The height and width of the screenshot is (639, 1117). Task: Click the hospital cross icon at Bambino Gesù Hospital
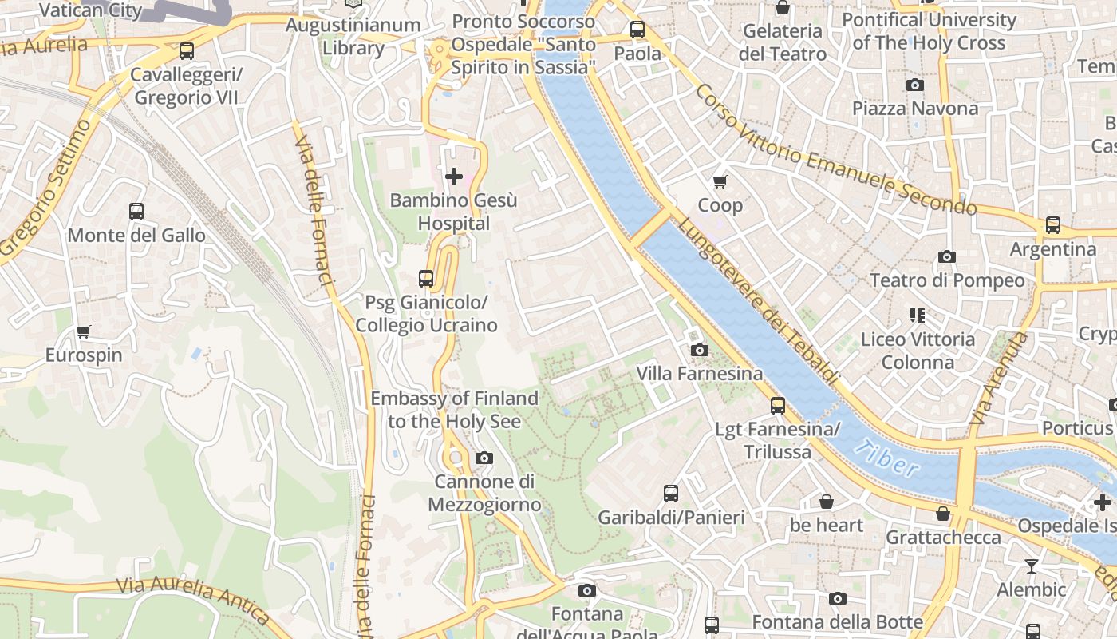pyautogui.click(x=454, y=176)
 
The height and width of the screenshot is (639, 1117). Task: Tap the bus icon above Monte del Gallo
pyautogui.click(x=136, y=212)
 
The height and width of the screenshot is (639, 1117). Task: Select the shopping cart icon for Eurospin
pyautogui.click(x=84, y=331)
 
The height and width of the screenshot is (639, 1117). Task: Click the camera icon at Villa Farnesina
pyautogui.click(x=699, y=350)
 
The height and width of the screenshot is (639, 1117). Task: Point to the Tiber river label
pyautogui.click(x=886, y=458)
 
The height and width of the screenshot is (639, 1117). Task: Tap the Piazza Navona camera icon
pyautogui.click(x=915, y=85)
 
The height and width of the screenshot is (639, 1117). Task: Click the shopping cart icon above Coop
pyautogui.click(x=720, y=181)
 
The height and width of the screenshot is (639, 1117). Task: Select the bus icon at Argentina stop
pyautogui.click(x=1053, y=225)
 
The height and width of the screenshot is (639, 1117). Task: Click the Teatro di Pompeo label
pyautogui.click(x=947, y=280)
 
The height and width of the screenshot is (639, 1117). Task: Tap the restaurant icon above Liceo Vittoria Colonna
pyautogui.click(x=917, y=316)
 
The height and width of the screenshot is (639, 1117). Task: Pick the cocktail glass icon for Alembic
pyautogui.click(x=1032, y=566)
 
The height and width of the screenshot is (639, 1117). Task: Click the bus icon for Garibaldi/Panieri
pyautogui.click(x=671, y=494)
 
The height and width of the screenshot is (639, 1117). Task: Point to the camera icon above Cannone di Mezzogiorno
pyautogui.click(x=484, y=458)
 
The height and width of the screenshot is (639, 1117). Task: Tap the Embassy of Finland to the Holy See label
pyautogui.click(x=454, y=409)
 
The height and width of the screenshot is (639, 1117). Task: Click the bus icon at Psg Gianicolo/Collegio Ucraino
pyautogui.click(x=426, y=279)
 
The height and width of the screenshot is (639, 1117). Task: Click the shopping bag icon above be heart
pyautogui.click(x=827, y=502)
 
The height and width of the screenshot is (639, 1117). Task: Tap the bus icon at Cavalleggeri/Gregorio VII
pyautogui.click(x=187, y=51)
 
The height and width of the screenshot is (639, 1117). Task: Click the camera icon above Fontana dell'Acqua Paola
pyautogui.click(x=587, y=590)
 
